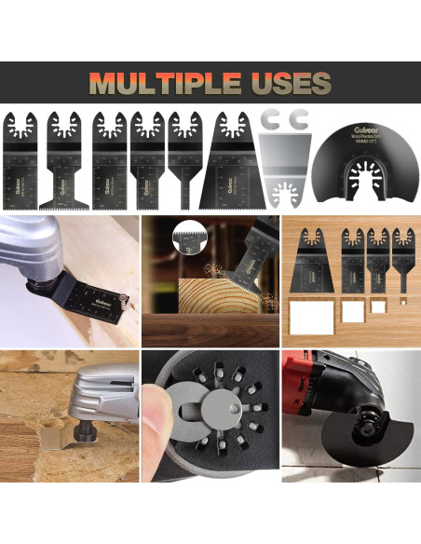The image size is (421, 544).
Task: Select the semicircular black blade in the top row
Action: click(358, 168)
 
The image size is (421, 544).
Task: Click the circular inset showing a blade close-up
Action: click(191, 244)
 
